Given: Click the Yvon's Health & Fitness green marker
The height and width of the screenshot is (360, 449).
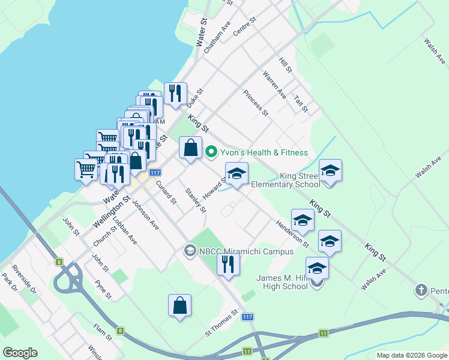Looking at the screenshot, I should point(211,152).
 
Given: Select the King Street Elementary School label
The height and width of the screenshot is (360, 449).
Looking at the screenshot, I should point(286,181).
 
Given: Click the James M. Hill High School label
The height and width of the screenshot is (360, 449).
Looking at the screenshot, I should point(282,282).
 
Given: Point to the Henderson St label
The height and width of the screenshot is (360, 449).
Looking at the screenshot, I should point(292,233).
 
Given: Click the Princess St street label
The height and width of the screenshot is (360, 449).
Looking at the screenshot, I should point(256,103).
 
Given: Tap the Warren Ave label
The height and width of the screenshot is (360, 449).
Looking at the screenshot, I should point(274,85).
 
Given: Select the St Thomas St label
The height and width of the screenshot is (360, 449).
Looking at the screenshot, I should point(222,322).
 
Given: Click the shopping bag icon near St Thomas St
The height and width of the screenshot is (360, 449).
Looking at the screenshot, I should point(180,305).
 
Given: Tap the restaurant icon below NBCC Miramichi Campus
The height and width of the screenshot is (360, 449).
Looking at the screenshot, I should point(228,263).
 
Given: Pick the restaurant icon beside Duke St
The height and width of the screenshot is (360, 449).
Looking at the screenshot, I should point(175,94).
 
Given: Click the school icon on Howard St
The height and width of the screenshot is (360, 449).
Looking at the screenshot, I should point(237,174).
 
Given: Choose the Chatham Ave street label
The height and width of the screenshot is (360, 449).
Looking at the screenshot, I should point(217,38).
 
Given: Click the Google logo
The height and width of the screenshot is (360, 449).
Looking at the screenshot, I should point(20,353).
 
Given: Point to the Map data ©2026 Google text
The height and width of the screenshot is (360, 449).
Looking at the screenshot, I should point(411,355).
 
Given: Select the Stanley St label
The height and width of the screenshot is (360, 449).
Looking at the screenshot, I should point(196,200).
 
